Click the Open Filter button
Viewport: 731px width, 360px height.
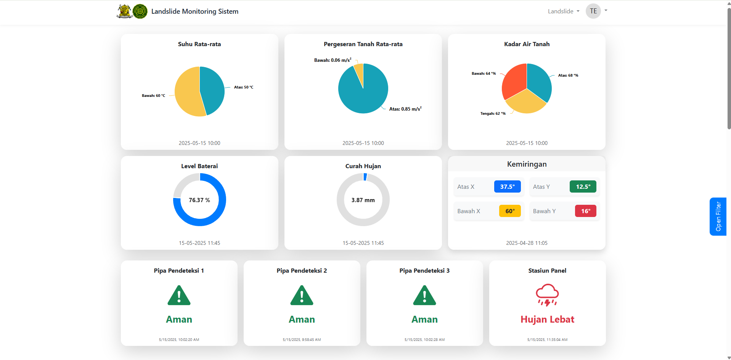pos(718,216)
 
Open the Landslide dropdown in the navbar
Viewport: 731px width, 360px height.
pos(563,11)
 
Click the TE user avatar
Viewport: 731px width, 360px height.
pos(593,11)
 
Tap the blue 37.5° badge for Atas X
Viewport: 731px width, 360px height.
pos(507,186)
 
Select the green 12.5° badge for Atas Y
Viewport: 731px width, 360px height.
pos(583,186)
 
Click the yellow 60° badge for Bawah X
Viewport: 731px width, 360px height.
pos(510,211)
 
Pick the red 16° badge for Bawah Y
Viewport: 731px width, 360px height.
pos(585,211)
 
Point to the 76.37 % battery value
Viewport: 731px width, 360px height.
pos(199,200)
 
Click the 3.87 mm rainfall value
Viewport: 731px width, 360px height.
pos(363,200)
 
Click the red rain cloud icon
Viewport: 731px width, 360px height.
pos(547,295)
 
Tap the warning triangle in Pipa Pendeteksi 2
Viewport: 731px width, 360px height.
pos(302,296)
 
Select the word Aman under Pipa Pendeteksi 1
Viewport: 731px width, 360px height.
pos(179,320)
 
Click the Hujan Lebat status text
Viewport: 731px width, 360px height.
pos(547,320)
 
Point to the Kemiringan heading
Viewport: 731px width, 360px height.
pos(527,164)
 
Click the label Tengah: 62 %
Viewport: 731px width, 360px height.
pos(493,114)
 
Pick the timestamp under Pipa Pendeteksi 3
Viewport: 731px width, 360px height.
pos(424,339)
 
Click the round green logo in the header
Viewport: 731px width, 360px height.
pos(140,11)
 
